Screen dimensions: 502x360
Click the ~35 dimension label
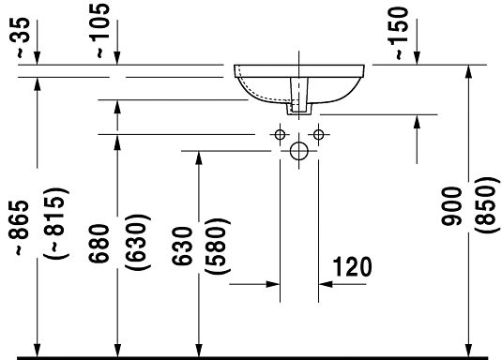23,38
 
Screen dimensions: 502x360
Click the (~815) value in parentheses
55,223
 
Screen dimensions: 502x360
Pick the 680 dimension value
99,244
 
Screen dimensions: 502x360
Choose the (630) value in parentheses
138,242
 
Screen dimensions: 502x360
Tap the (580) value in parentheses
218,246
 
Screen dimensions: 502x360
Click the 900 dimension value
451,206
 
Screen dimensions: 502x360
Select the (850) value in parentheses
487,205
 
